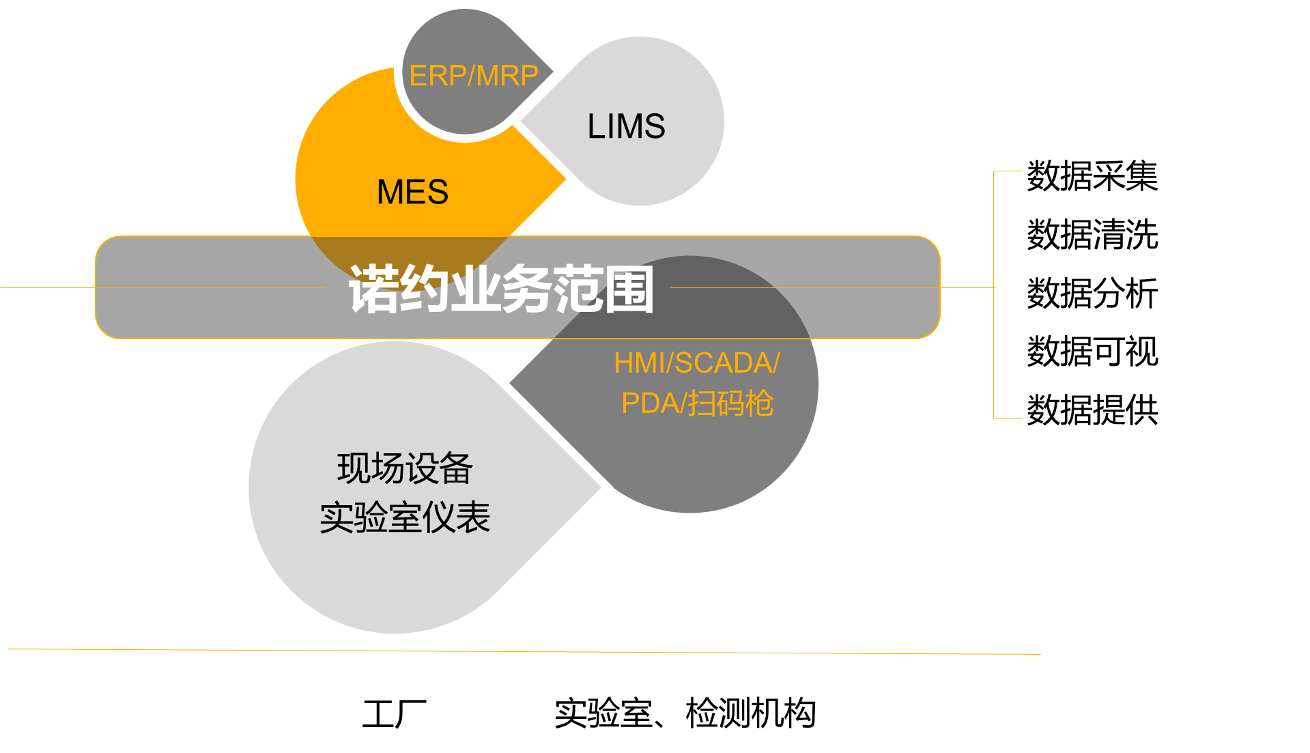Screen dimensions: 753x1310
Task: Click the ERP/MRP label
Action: click(474, 76)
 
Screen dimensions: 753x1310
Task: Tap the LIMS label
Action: click(626, 126)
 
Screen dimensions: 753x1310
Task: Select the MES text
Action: click(412, 192)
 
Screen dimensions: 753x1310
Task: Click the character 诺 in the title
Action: click(373, 289)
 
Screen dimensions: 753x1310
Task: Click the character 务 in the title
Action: click(526, 289)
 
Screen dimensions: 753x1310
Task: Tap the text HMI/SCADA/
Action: click(696, 363)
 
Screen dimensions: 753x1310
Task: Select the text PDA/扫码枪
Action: click(697, 403)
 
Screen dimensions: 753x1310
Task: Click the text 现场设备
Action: click(405, 468)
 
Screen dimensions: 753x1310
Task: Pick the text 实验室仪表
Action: click(405, 517)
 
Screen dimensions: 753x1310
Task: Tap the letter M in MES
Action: click(390, 192)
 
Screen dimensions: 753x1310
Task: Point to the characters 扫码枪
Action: click(730, 403)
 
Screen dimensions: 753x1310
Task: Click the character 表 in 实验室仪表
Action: click(474, 517)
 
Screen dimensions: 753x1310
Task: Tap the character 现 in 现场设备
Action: click(354, 468)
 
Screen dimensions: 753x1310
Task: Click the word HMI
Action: click(638, 363)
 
